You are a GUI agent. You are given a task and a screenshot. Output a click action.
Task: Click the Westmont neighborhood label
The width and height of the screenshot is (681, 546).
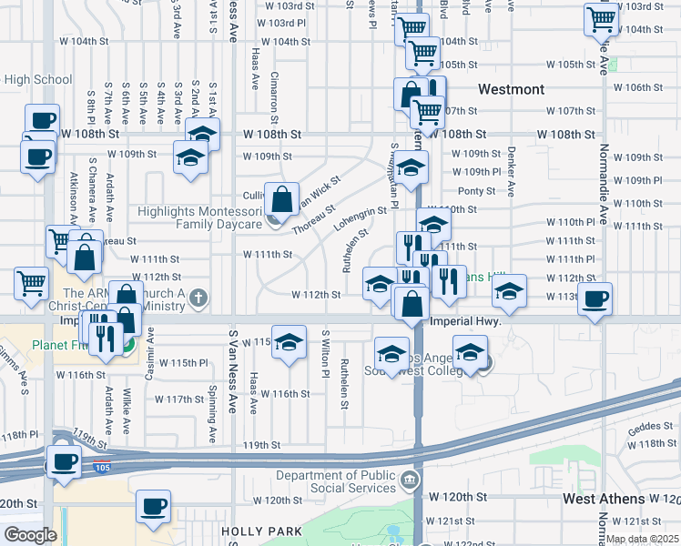click(512, 89)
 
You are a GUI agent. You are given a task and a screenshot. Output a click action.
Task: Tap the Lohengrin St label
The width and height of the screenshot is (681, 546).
click(361, 221)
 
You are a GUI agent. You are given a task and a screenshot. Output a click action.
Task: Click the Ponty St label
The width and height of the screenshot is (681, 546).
click(476, 191)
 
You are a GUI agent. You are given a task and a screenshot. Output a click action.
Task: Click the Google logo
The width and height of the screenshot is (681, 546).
click(29, 535)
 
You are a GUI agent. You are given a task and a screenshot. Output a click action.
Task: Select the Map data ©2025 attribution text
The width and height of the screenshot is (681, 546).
click(641, 539)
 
